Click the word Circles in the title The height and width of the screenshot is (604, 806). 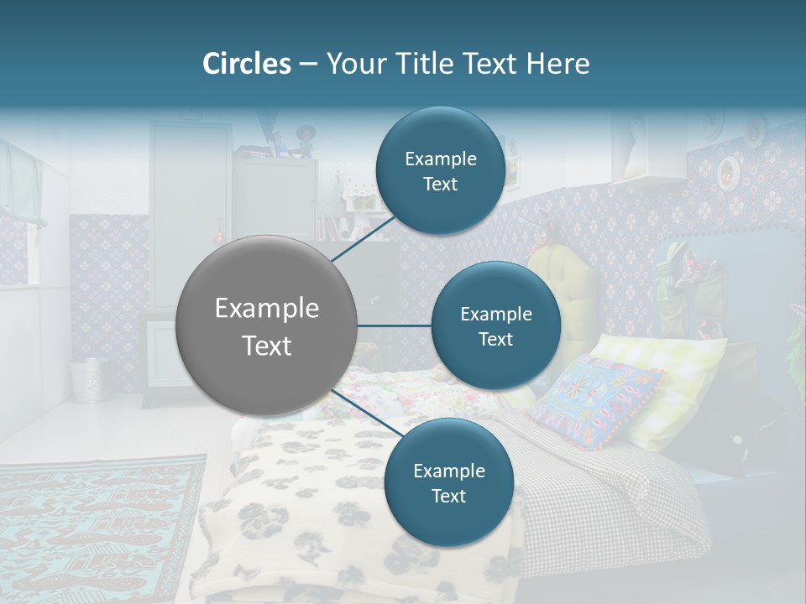[247, 64]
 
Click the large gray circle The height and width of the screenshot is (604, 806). [267, 325]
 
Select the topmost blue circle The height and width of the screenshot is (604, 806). [440, 171]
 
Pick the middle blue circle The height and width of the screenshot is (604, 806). [495, 325]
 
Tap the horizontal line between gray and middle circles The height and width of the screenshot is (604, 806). [395, 325]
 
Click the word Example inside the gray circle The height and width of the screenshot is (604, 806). [267, 309]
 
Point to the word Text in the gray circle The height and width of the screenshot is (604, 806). [267, 346]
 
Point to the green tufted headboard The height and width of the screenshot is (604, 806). [564, 289]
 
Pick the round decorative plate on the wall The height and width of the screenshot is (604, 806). [729, 174]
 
